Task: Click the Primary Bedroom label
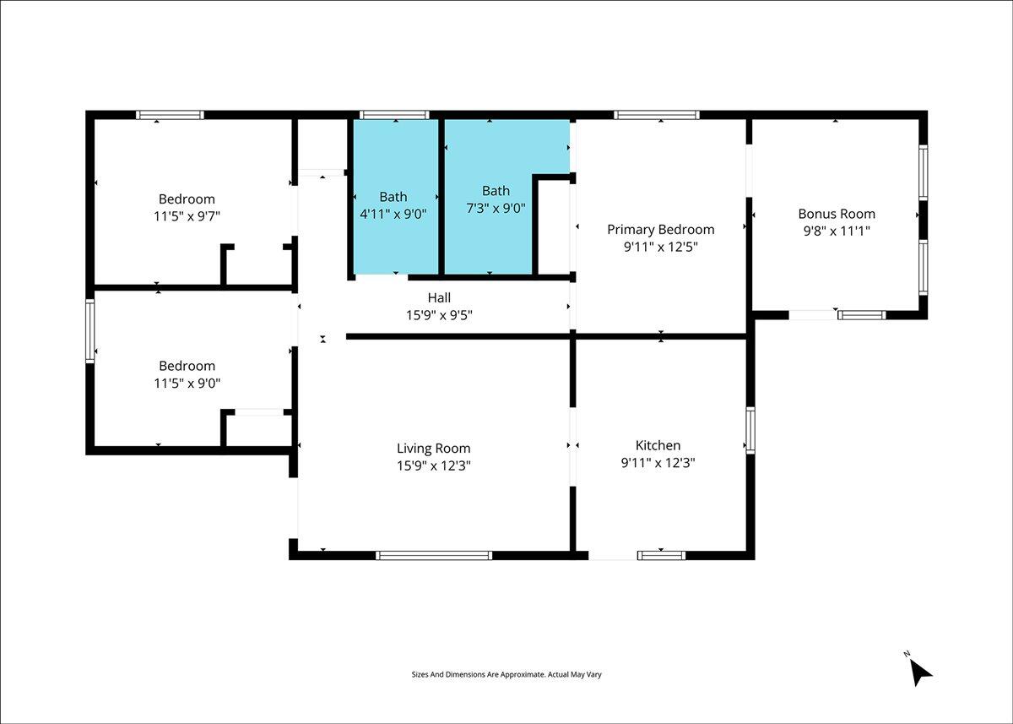661,230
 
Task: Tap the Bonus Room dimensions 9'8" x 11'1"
837,231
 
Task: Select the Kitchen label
658,445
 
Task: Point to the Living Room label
434,449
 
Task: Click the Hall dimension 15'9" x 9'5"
439,315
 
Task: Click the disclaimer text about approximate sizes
506,675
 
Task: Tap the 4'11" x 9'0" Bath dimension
393,214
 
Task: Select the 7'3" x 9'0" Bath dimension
496,208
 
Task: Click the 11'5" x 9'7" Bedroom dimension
187,216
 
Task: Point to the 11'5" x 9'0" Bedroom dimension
187,384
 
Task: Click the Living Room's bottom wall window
434,556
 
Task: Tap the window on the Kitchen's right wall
750,430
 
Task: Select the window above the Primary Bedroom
657,115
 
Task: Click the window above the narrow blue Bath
394,115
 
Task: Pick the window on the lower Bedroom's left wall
90,331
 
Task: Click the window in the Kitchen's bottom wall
661,556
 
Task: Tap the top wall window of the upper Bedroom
170,115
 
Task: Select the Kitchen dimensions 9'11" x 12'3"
658,463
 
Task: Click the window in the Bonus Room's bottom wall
862,315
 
